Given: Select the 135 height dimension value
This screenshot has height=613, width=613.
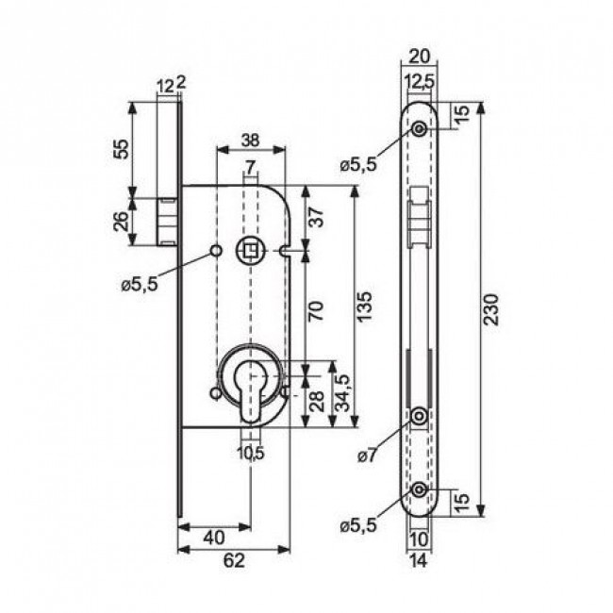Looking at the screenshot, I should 366,306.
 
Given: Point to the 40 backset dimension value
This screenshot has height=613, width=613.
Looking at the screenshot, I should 213,538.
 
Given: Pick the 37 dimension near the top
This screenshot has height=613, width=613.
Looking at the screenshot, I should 317,217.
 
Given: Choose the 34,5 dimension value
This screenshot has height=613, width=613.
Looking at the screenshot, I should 345,392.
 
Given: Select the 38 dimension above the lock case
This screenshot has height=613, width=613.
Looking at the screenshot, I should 250,139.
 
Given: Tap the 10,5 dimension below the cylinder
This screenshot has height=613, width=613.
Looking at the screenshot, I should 251,452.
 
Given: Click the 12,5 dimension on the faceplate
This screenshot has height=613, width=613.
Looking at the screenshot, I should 420,83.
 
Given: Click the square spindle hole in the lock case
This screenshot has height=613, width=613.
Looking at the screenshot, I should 251,250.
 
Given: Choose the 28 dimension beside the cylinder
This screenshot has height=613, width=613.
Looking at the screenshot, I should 317,404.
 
